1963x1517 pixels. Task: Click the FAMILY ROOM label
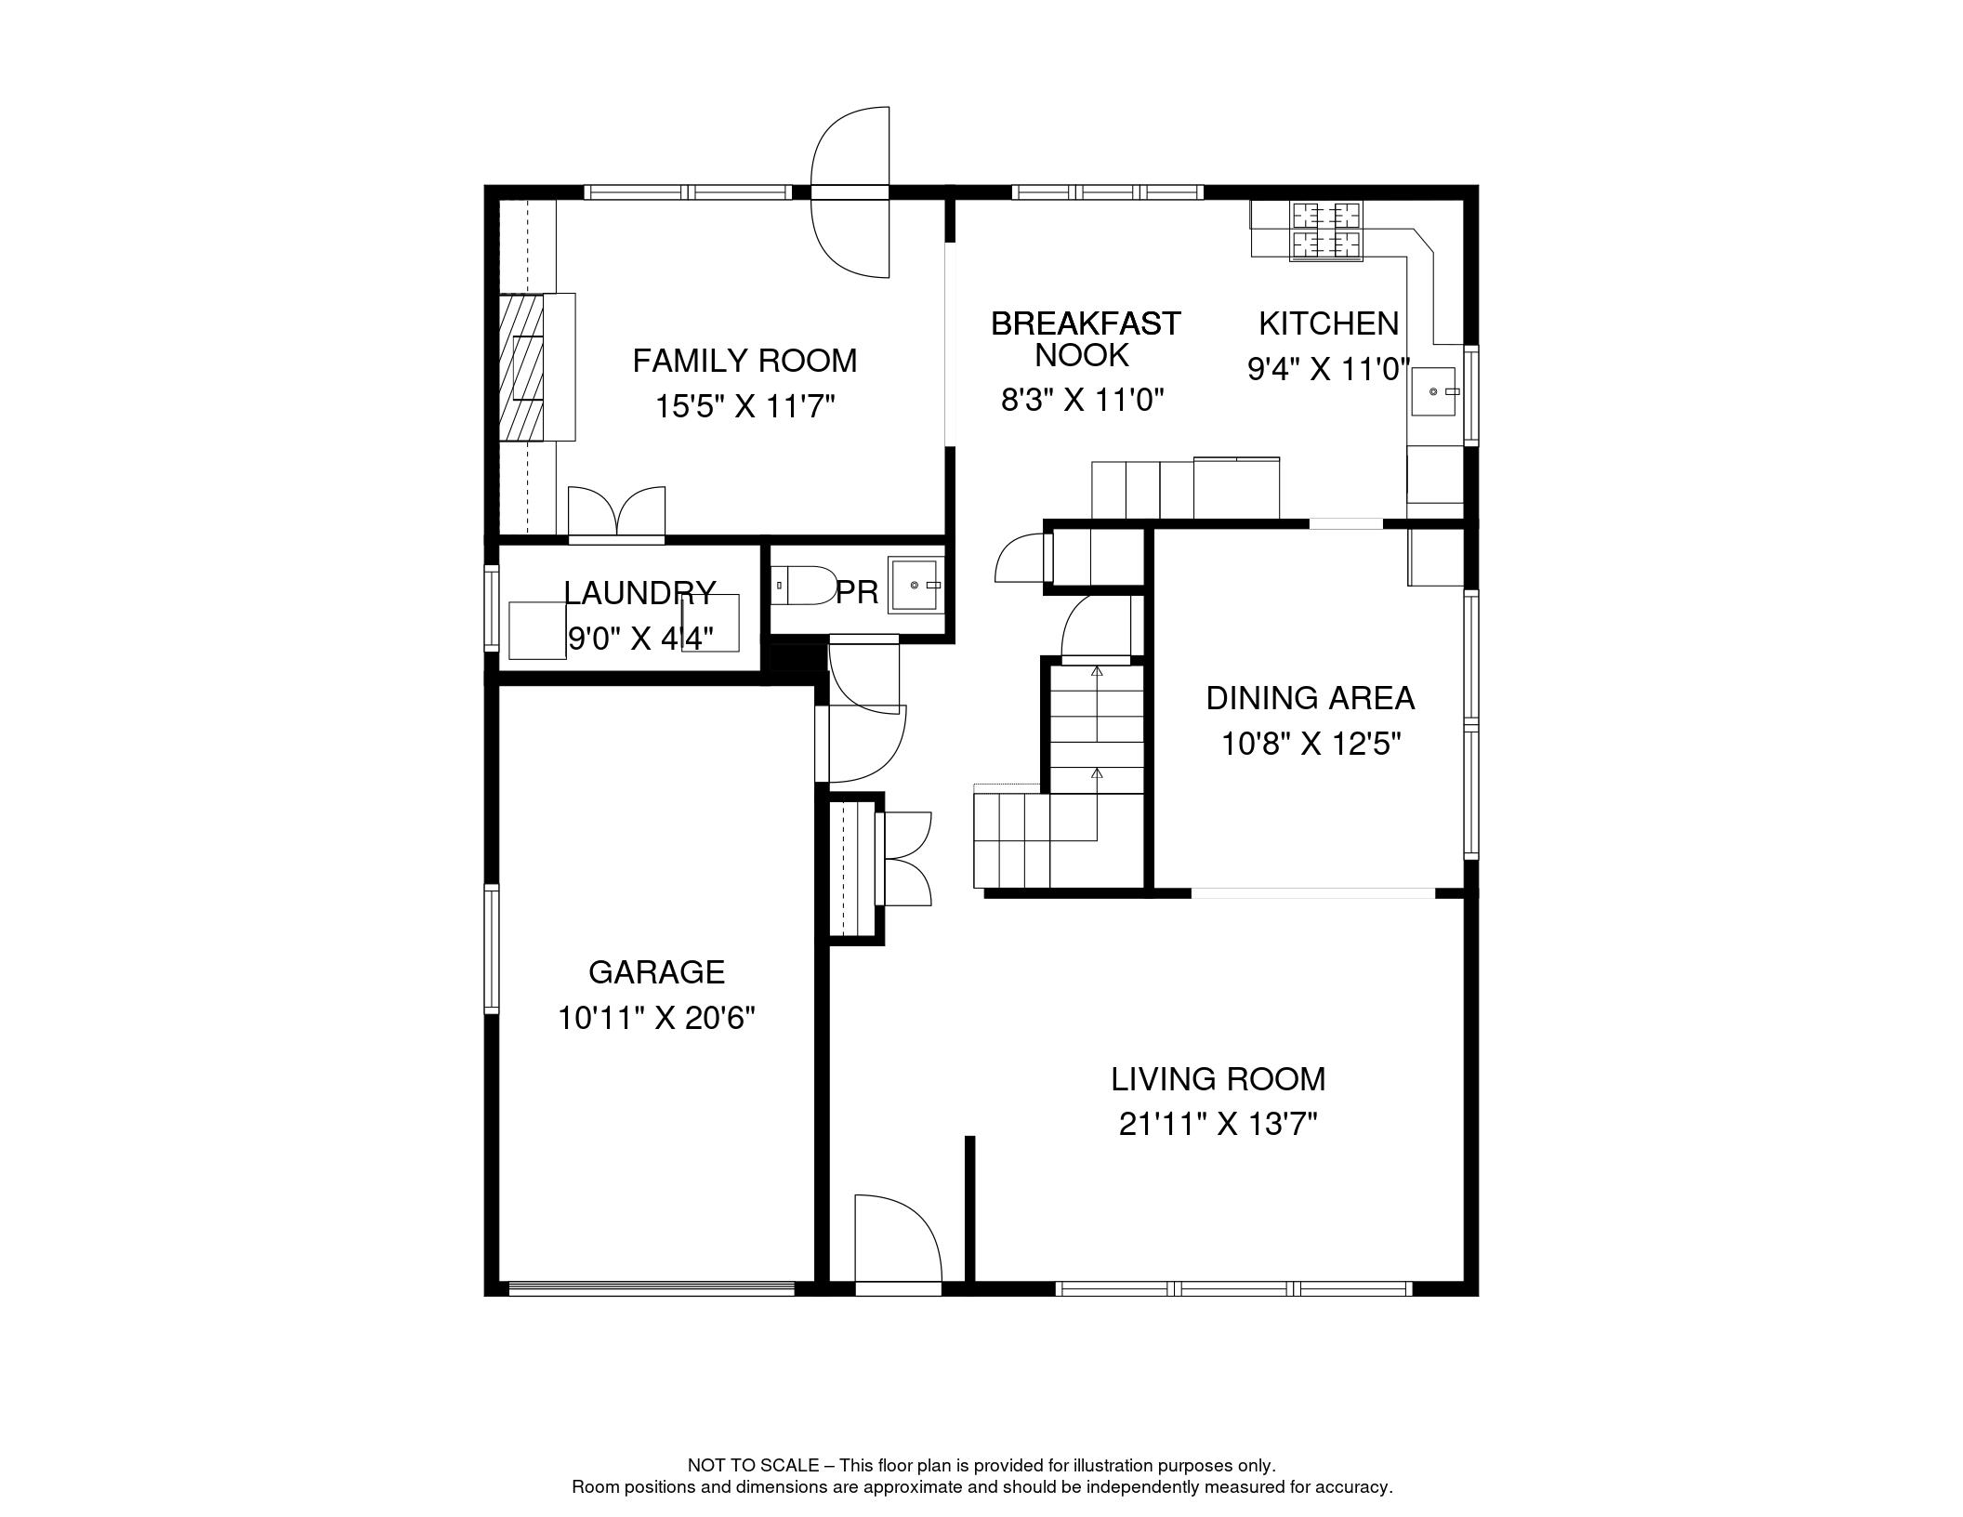coord(744,361)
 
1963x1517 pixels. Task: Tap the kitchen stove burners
coord(1325,231)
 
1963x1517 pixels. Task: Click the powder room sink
coord(916,585)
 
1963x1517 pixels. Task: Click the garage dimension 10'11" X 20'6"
coord(656,1018)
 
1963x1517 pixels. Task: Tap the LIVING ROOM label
coord(1218,1079)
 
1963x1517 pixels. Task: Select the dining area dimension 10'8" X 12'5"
coord(1311,744)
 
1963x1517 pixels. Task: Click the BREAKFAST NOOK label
coord(1085,339)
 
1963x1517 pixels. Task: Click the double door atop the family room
coord(850,192)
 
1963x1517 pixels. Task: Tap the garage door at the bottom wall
coord(652,1288)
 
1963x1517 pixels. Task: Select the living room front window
coord(1234,1288)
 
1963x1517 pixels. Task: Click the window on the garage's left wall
coord(492,948)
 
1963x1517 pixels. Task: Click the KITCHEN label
coord(1328,323)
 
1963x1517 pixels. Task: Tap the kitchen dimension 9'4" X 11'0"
coord(1329,370)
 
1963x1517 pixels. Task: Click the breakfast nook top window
coord(1108,192)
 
